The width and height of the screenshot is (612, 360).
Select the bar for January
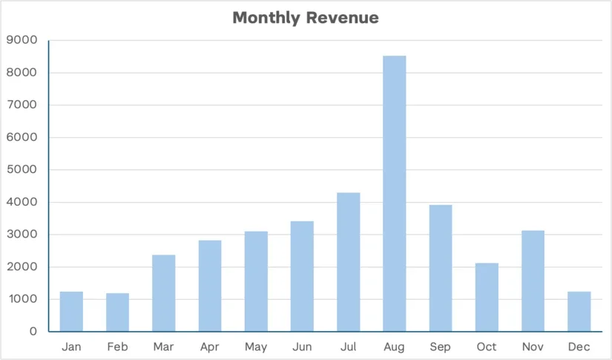tap(71, 311)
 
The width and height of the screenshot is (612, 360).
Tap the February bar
tap(117, 312)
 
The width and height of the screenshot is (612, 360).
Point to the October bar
tap(487, 297)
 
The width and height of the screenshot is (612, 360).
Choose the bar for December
tap(579, 311)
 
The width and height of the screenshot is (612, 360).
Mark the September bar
tap(441, 268)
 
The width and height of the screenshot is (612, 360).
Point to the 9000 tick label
tap(23, 40)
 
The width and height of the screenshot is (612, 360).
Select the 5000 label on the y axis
tap(23, 170)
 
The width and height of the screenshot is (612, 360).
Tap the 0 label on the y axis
tap(33, 332)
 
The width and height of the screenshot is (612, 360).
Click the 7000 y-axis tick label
tap(23, 105)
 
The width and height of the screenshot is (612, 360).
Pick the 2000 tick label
tap(23, 267)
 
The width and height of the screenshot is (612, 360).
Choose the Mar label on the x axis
tap(163, 347)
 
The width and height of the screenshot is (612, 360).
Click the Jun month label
tap(302, 347)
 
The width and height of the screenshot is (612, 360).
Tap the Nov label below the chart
tap(533, 347)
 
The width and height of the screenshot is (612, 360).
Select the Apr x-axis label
tap(209, 347)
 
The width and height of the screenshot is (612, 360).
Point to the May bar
tap(256, 281)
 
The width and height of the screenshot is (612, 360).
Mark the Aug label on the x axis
tap(395, 347)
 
